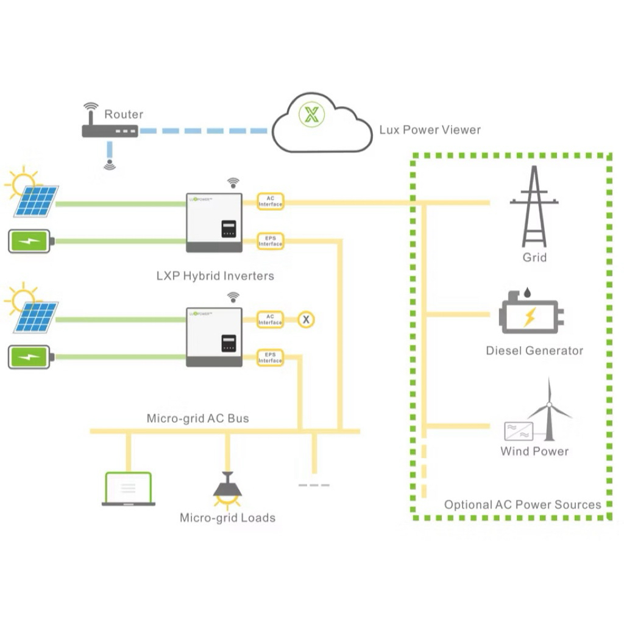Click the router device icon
point(110,131)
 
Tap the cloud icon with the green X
point(322,123)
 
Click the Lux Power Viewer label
point(430,130)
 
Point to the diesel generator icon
point(531,312)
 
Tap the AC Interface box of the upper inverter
point(270,201)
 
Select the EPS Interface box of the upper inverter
point(270,241)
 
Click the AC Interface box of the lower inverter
point(270,319)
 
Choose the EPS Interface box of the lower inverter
point(270,357)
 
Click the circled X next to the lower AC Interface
point(306,319)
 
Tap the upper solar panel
point(36,201)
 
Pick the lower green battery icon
point(31,357)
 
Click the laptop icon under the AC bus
point(128,489)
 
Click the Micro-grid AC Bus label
point(198,418)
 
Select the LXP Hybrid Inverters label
point(215,276)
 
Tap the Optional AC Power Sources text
point(522,505)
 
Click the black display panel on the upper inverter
point(229,229)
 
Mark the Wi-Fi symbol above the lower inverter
point(233,297)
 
